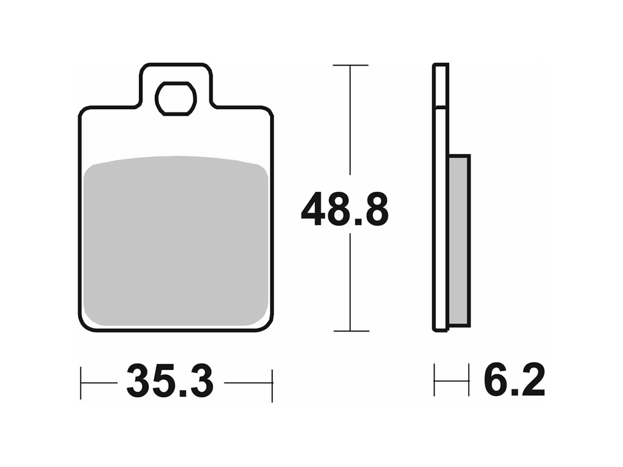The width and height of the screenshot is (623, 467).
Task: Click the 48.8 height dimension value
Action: (x=345, y=210)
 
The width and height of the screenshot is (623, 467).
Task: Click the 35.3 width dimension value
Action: (x=170, y=382)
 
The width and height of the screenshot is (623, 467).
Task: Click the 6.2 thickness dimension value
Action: (x=513, y=381)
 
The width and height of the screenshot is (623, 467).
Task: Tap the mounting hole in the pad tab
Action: (x=175, y=98)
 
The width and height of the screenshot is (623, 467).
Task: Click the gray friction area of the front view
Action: (x=177, y=243)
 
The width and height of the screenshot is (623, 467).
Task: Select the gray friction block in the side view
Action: (x=459, y=240)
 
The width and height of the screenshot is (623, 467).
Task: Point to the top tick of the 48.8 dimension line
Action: (x=350, y=66)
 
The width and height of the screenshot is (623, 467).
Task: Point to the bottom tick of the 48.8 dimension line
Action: (x=350, y=331)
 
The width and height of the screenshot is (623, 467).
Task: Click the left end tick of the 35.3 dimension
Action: (x=81, y=383)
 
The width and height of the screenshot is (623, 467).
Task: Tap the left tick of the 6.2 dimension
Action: (x=435, y=380)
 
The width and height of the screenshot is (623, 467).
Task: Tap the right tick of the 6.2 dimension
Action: (x=469, y=380)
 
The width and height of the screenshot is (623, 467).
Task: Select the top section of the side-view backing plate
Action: (x=440, y=85)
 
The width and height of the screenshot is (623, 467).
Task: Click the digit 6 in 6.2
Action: (x=495, y=381)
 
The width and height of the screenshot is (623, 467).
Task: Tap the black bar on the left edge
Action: (x=38, y=233)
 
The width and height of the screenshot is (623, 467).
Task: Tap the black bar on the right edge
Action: (x=584, y=233)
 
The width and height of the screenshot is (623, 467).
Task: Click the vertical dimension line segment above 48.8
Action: (x=350, y=126)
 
